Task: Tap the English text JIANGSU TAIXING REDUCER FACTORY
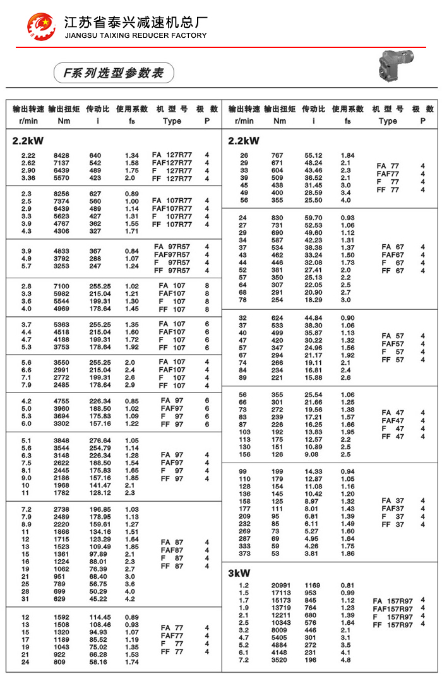136,35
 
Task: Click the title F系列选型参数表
113,73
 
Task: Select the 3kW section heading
239,573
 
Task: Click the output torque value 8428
62,155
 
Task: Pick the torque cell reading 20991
280,586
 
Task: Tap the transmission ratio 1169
314,586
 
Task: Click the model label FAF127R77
172,163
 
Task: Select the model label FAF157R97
392,609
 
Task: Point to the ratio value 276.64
100,440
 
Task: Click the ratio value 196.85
100,509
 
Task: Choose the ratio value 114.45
100,617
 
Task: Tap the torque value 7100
62,287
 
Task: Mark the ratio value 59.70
314,218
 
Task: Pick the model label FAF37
392,509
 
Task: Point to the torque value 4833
62,251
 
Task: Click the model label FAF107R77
172,209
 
